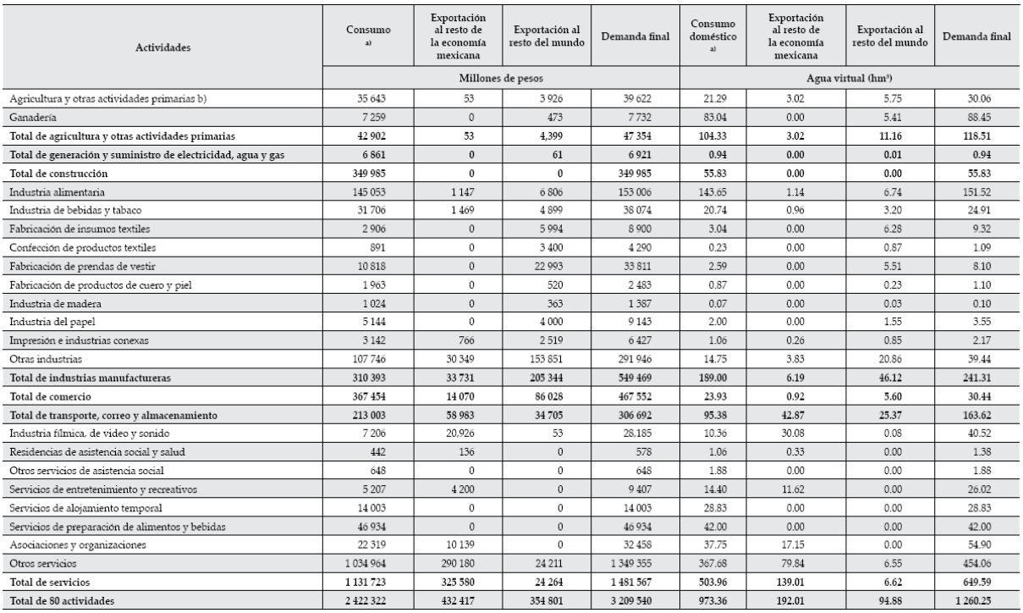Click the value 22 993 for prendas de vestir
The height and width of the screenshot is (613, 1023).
click(x=559, y=290)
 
